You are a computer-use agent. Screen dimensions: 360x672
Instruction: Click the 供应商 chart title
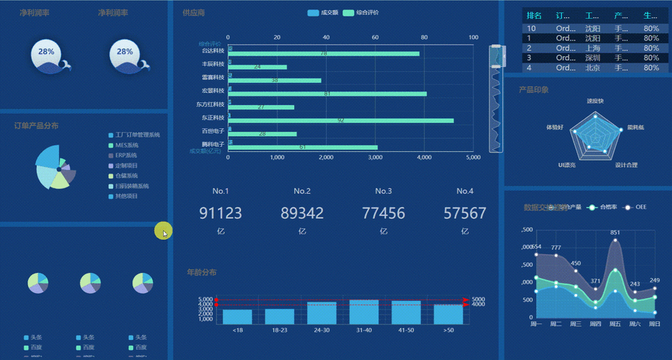pyautogui.click(x=194, y=13)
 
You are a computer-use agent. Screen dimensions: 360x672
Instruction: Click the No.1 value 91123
pyautogui.click(x=220, y=213)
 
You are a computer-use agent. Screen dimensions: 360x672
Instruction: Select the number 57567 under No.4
pyautogui.click(x=464, y=213)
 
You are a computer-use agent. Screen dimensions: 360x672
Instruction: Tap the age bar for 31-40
pyautogui.click(x=364, y=312)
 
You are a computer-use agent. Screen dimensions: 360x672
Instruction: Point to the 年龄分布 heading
pyautogui.click(x=201, y=272)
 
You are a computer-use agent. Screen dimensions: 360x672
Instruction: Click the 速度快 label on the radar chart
pyautogui.click(x=595, y=101)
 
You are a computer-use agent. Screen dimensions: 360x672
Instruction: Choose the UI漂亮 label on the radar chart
pyautogui.click(x=567, y=165)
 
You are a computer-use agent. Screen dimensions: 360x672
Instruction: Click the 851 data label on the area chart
pyautogui.click(x=615, y=233)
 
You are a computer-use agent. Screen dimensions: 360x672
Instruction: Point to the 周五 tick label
pyautogui.click(x=615, y=324)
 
